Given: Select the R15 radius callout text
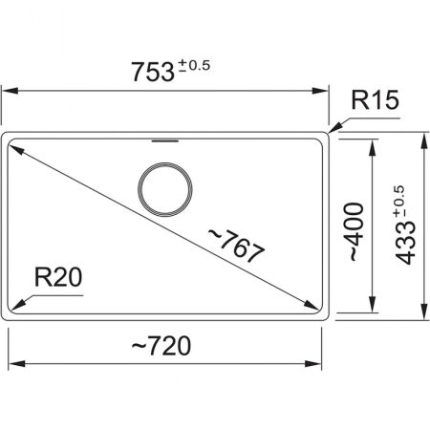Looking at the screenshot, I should pyautogui.click(x=375, y=99).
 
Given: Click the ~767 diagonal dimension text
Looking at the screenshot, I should pyautogui.click(x=235, y=247).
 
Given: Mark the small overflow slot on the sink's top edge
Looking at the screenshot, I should pyautogui.click(x=165, y=137).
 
